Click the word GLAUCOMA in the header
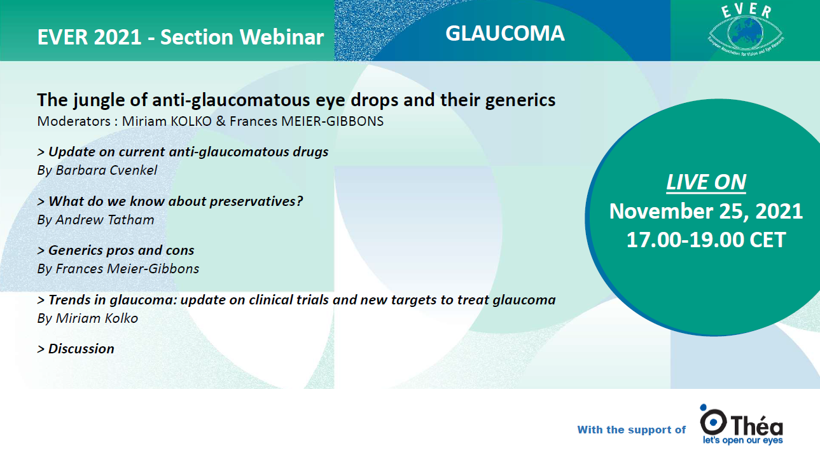tap(505, 33)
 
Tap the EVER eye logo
tap(746, 31)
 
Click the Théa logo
tap(741, 424)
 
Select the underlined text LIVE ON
tap(705, 182)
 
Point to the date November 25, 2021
tap(705, 211)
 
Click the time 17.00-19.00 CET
tap(705, 240)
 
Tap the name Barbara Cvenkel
tap(106, 170)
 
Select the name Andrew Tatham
tap(105, 220)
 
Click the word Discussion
tap(81, 349)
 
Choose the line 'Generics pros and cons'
tap(116, 250)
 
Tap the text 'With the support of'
tap(632, 430)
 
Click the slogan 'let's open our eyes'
tap(743, 440)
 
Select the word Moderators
tap(74, 121)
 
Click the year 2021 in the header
tap(118, 37)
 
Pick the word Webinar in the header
tap(282, 37)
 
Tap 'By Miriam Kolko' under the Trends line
tap(88, 318)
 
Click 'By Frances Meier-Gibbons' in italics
tap(118, 269)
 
